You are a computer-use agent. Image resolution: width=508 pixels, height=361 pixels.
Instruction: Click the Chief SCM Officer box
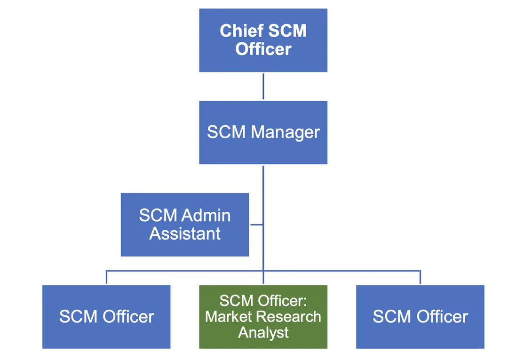pos(263,40)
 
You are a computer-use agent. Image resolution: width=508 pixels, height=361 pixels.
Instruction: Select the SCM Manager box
pos(263,132)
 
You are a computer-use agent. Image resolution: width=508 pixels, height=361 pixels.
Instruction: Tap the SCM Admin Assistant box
pos(184,225)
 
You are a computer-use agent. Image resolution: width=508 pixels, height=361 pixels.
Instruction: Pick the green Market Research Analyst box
pos(263,316)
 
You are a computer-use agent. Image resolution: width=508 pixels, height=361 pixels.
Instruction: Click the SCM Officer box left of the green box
pos(106,316)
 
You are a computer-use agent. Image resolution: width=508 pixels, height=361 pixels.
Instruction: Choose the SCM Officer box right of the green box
pos(420,316)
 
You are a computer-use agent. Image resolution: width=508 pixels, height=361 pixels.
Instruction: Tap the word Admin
pos(206,216)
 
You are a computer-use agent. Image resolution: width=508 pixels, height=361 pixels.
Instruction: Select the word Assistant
pos(185,233)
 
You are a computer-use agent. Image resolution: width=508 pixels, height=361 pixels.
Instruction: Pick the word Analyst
pos(263,332)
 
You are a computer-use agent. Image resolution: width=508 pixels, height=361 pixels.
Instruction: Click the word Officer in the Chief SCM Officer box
pos(263,49)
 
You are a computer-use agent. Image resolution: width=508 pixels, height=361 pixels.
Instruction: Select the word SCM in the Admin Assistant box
pos(158,216)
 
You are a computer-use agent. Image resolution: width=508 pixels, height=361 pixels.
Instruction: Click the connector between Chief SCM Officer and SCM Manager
pos(263,86)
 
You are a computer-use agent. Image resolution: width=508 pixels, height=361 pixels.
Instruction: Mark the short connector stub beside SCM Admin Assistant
pos(256,225)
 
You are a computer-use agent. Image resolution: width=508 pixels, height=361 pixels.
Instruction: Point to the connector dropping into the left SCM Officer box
pos(106,278)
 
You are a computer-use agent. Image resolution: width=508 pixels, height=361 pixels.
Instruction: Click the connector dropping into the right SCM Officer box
pos(420,278)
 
